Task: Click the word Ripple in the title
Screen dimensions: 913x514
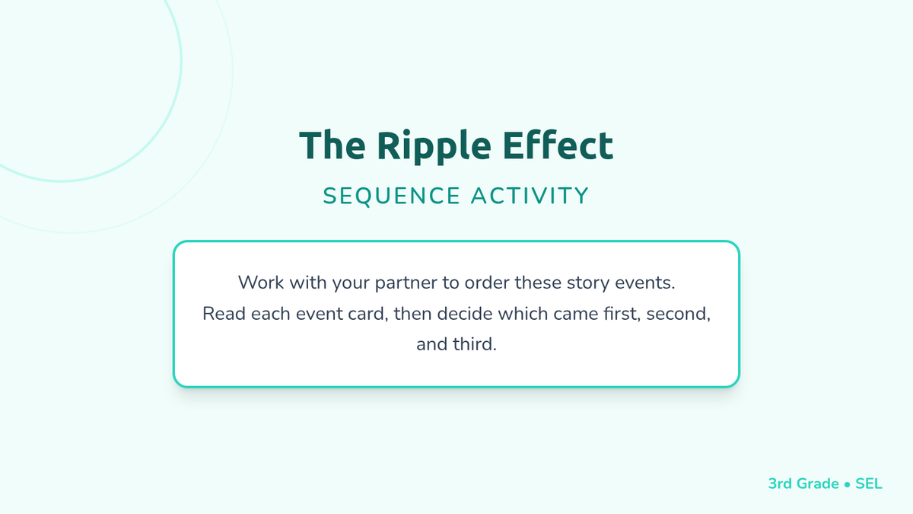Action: (x=434, y=146)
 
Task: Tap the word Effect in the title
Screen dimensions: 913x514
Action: (x=558, y=145)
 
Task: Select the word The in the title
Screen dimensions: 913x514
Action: (x=332, y=145)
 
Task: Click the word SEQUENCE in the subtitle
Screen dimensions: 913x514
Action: (x=392, y=196)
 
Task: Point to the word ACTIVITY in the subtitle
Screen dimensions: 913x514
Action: (x=530, y=196)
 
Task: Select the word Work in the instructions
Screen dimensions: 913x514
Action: (x=261, y=283)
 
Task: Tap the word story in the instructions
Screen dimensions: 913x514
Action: (x=588, y=283)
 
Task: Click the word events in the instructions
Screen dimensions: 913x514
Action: (x=645, y=283)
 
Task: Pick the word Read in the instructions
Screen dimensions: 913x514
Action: (x=224, y=313)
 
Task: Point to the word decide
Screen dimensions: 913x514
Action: (x=465, y=313)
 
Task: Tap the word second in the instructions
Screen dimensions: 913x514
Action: (x=678, y=314)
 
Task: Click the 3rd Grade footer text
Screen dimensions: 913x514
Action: (x=803, y=484)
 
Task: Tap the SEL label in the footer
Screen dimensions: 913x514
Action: (x=869, y=484)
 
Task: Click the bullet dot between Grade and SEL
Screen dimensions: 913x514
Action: (x=847, y=484)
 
